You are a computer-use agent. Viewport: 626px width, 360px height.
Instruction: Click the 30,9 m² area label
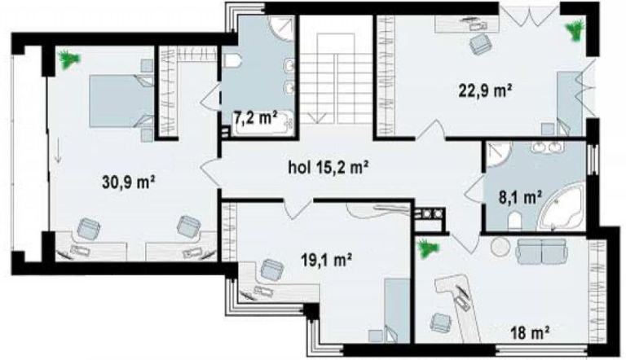tap(129, 182)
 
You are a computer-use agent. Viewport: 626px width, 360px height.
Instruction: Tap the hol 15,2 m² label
tap(328, 168)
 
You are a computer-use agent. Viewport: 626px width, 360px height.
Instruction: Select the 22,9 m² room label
tap(485, 91)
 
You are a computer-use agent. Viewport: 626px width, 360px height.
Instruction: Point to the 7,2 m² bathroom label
tap(256, 119)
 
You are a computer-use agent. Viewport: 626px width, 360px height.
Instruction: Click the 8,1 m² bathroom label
tap(521, 197)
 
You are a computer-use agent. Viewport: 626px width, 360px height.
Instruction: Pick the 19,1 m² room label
tap(326, 261)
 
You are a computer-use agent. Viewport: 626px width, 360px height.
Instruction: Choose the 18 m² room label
tap(531, 331)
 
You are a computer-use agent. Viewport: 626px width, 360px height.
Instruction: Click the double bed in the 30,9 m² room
tap(121, 101)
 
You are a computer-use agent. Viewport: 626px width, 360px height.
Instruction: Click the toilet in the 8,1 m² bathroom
tap(515, 221)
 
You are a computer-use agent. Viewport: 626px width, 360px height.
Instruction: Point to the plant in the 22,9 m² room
tap(575, 30)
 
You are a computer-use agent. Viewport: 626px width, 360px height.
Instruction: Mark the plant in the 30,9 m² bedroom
tap(70, 59)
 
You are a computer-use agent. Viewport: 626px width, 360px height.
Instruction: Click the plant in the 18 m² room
tap(428, 248)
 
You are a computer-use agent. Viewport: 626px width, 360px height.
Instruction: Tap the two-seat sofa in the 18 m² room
tap(541, 252)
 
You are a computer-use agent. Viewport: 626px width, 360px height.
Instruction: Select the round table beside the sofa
tap(500, 248)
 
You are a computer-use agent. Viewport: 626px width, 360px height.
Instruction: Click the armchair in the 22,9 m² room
tap(480, 43)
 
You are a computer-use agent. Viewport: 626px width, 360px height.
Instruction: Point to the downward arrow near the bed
tap(59, 151)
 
